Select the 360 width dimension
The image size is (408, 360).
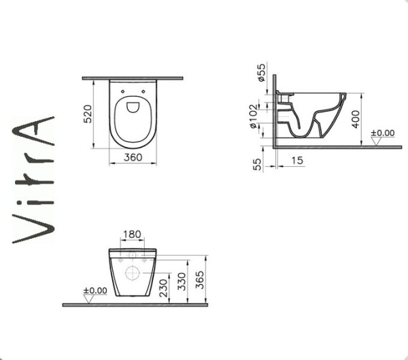133,157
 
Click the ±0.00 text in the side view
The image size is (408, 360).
382,132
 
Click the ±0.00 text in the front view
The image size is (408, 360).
95,291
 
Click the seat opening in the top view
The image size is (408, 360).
133,118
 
